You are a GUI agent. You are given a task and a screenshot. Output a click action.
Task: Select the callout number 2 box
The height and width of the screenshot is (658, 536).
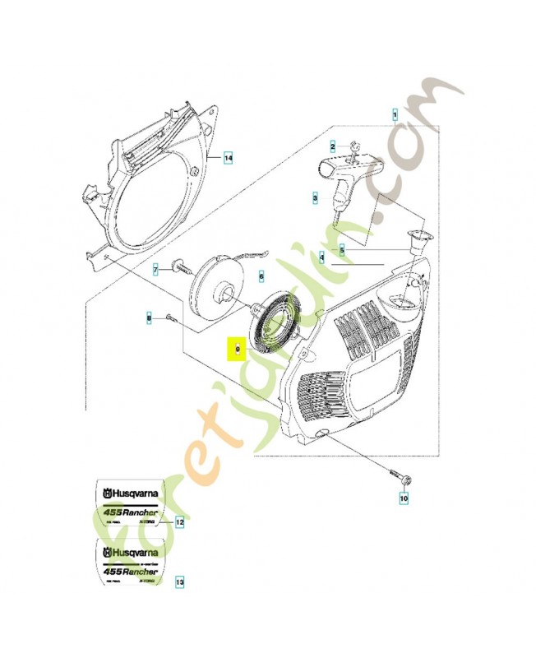tap(333, 147)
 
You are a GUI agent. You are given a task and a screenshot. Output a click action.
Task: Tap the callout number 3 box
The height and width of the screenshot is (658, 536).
tap(315, 197)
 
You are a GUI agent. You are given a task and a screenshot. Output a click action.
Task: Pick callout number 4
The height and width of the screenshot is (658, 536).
tap(322, 257)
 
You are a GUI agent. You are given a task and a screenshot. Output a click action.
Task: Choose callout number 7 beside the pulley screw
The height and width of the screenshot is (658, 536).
tap(154, 269)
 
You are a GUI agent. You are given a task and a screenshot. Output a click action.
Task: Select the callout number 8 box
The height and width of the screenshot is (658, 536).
tap(149, 316)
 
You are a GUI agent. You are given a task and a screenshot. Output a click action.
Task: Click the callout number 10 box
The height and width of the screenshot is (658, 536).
tap(403, 497)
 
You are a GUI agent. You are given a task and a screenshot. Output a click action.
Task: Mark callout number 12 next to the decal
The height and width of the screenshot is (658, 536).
tap(179, 522)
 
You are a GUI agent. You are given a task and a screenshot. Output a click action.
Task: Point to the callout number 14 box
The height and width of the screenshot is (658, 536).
tap(229, 156)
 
